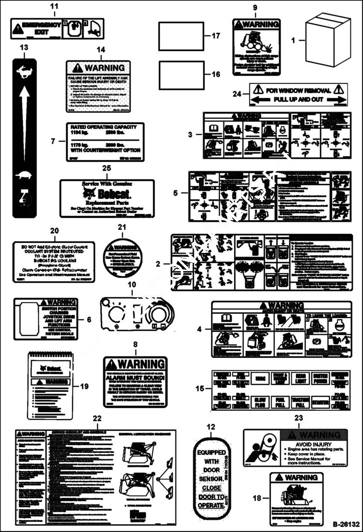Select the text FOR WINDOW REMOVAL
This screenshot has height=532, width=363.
pyautogui.click(x=299, y=90)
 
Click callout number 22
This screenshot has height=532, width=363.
pyautogui.click(x=97, y=418)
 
